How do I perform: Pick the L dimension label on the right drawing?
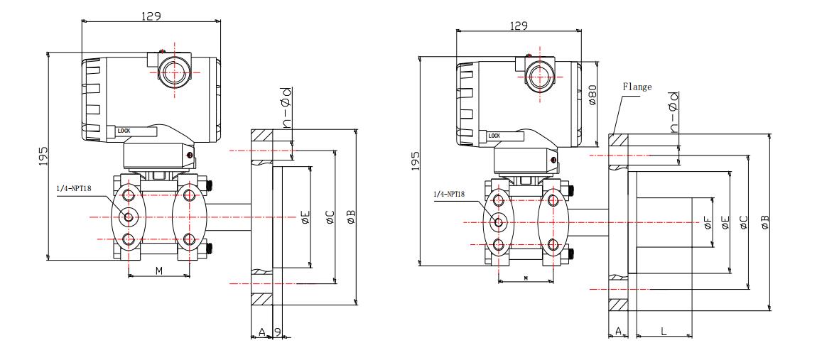[664, 332]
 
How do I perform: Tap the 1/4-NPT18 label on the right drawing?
[450, 192]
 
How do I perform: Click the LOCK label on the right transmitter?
[494, 134]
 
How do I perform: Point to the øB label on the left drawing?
[351, 216]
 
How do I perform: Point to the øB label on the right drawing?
[764, 222]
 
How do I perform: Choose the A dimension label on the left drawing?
[261, 332]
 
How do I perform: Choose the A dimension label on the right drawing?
[618, 332]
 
